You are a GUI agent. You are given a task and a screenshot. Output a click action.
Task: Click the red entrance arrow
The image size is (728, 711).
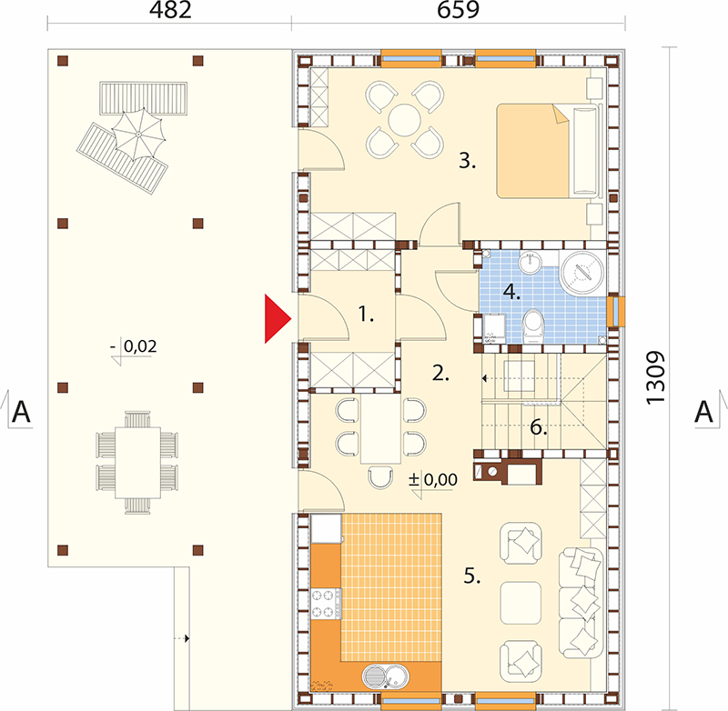pyautogui.click(x=277, y=318)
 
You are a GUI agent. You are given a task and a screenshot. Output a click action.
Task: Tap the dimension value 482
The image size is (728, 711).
pyautogui.click(x=170, y=10)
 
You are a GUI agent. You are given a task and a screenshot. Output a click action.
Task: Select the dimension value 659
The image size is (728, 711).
pyautogui.click(x=458, y=10)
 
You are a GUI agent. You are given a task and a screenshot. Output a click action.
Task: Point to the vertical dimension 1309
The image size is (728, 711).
pyautogui.click(x=655, y=378)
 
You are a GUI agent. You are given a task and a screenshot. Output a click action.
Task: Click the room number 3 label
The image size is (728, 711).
pyautogui.click(x=468, y=161)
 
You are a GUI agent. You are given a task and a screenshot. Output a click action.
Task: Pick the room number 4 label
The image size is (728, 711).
pyautogui.click(x=511, y=292)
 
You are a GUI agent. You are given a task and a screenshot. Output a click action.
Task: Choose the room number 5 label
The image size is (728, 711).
pyautogui.click(x=472, y=576)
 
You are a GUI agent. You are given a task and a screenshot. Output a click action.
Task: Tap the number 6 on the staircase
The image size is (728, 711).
pyautogui.click(x=539, y=427)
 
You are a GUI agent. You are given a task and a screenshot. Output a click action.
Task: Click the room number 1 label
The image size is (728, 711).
pyautogui.click(x=366, y=315)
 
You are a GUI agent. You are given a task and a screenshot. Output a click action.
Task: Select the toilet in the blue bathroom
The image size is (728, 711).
pyautogui.click(x=533, y=326)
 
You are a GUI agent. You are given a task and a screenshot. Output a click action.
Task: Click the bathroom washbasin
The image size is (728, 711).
pyautogui.click(x=530, y=263)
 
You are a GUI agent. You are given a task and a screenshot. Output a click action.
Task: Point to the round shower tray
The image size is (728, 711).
pyautogui.click(x=582, y=272)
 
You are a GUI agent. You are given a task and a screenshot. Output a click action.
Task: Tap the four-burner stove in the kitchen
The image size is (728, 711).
pyautogui.click(x=326, y=604)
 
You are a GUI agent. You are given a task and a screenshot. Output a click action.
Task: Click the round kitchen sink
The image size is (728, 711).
pyautogui.click(x=385, y=676)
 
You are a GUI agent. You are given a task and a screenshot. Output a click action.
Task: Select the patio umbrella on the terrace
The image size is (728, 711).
pyautogui.click(x=138, y=135)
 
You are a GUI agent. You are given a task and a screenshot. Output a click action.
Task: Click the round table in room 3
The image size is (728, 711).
pyautogui.click(x=404, y=120)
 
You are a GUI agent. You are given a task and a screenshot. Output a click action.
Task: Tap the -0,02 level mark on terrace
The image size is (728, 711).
pyautogui.click(x=135, y=347)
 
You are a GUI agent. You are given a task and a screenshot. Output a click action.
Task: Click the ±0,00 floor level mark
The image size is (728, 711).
pyautogui.click(x=433, y=480)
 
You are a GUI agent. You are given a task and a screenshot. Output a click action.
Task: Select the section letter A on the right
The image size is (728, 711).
pyautogui.click(x=703, y=411)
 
